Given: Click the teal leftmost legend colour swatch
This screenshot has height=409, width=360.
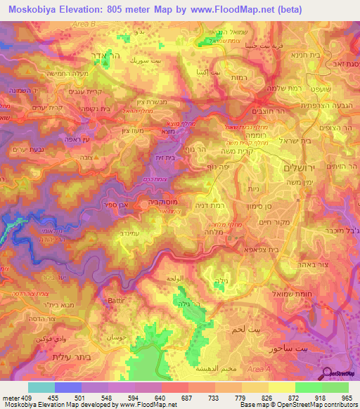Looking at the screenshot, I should [x=41, y=387].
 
